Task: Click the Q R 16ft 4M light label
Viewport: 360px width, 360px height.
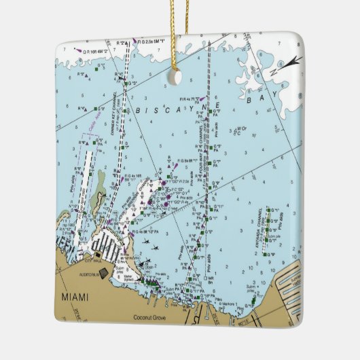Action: (x=96, y=49)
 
